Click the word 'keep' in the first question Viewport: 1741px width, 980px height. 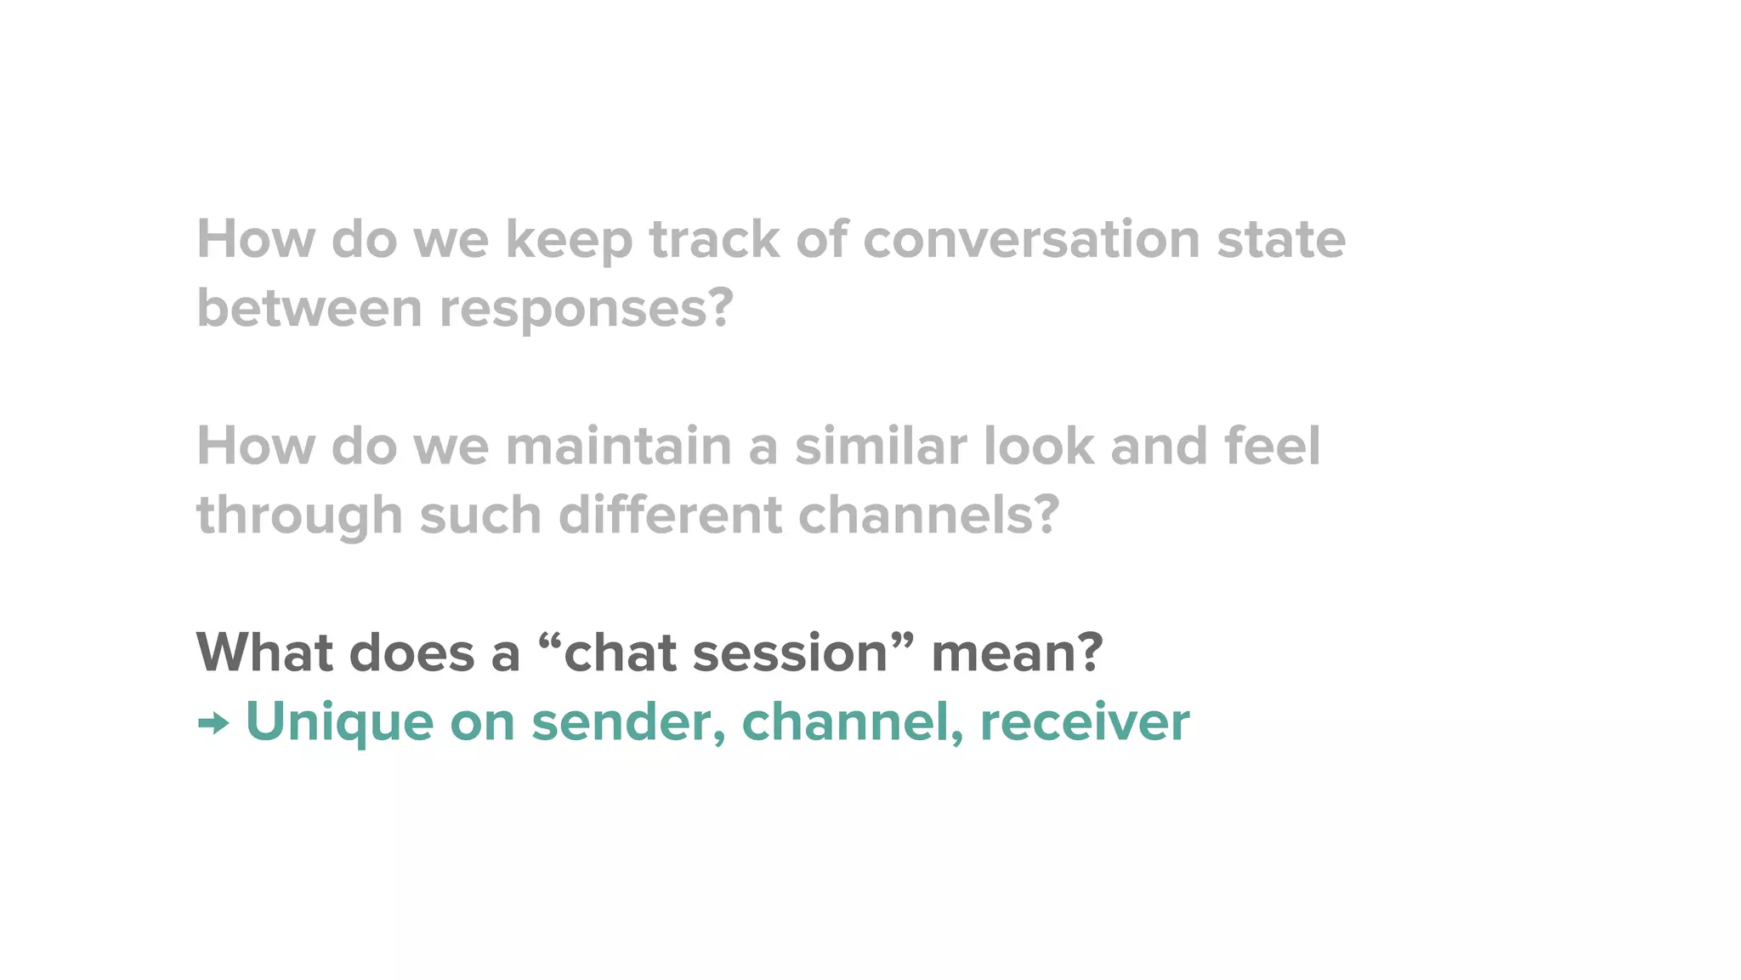pyautogui.click(x=569, y=241)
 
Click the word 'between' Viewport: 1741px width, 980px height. pyautogui.click(x=309, y=308)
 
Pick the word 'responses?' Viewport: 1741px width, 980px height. pyautogui.click(x=586, y=310)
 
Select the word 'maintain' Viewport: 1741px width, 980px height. pyautogui.click(x=618, y=447)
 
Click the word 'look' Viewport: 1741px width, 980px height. pyautogui.click(x=1039, y=447)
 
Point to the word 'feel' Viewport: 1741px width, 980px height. pyautogui.click(x=1273, y=447)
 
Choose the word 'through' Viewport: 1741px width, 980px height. pyautogui.click(x=299, y=517)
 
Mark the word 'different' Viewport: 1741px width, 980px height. pyautogui.click(x=670, y=516)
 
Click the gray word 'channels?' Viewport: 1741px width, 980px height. pyautogui.click(x=929, y=516)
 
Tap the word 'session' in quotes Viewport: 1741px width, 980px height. pyautogui.click(x=791, y=653)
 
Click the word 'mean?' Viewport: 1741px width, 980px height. pyautogui.click(x=1017, y=653)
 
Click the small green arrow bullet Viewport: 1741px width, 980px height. pyautogui.click(x=213, y=724)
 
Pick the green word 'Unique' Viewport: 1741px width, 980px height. pyautogui.click(x=339, y=724)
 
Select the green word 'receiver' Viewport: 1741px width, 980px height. pyautogui.click(x=1085, y=724)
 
